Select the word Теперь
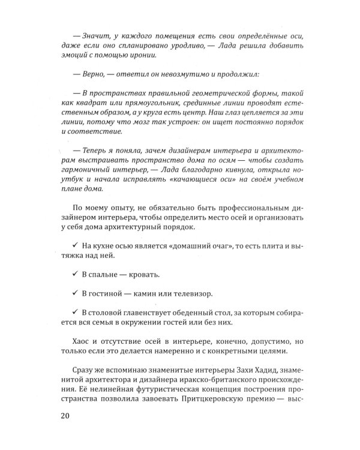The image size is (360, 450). pos(101,149)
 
